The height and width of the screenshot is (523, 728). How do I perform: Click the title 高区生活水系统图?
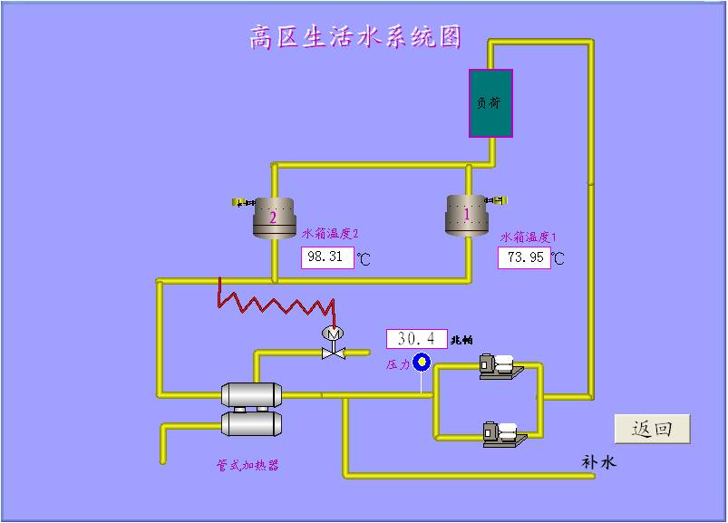tap(355, 37)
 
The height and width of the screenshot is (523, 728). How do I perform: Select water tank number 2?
tap(272, 218)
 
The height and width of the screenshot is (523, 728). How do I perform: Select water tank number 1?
tap(467, 216)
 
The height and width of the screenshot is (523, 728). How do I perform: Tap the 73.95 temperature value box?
tap(524, 257)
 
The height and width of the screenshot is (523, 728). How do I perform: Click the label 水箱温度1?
tap(529, 237)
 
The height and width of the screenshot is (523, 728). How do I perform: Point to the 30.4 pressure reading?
tap(416, 339)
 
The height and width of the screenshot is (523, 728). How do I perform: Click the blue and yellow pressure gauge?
tap(422, 363)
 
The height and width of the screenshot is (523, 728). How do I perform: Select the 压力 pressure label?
tap(398, 364)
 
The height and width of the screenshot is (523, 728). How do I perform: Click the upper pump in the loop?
tap(499, 366)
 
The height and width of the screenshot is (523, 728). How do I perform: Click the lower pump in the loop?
tap(502, 434)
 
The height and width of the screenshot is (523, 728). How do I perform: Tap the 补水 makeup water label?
tap(598, 462)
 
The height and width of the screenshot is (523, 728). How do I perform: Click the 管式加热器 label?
tap(247, 465)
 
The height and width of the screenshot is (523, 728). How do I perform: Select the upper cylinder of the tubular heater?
tap(251, 394)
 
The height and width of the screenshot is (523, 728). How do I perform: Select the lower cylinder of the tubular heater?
tap(252, 422)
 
